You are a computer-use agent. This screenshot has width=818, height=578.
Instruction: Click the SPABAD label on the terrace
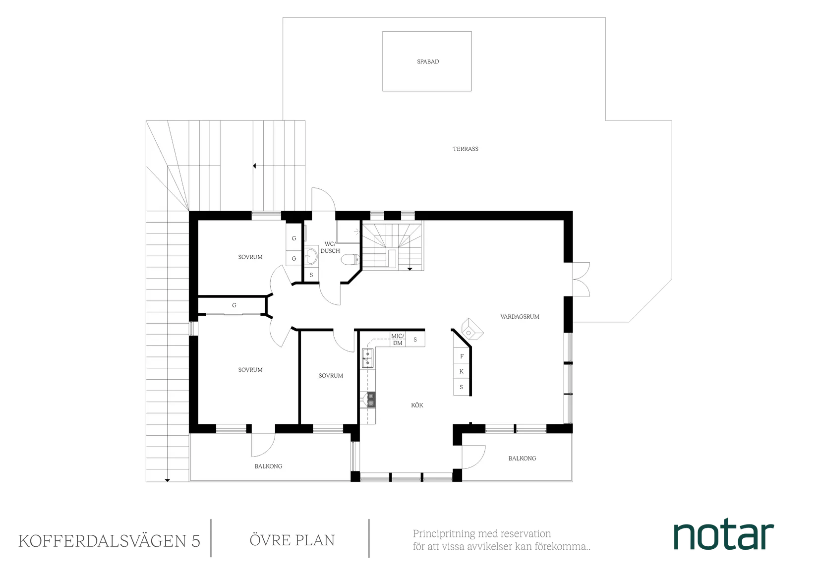pyautogui.click(x=428, y=62)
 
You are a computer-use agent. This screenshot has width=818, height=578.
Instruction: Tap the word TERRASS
pyautogui.click(x=466, y=149)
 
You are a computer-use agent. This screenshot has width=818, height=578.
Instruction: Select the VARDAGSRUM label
pyautogui.click(x=520, y=316)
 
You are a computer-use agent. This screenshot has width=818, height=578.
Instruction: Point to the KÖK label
pyautogui.click(x=417, y=405)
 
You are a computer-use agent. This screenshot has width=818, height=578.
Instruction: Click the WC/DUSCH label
pyautogui.click(x=330, y=247)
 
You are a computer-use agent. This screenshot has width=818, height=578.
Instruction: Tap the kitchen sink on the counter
pyautogui.click(x=367, y=357)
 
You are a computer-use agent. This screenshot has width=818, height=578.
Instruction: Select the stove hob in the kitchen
pyautogui.click(x=370, y=400)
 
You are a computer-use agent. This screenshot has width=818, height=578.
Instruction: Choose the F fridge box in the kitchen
pyautogui.click(x=462, y=356)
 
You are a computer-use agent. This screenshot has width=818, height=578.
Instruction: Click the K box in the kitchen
pyautogui.click(x=462, y=371)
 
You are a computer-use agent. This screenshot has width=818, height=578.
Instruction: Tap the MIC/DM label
pyautogui.click(x=398, y=340)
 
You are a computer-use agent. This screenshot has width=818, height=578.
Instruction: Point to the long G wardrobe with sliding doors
pyautogui.click(x=234, y=306)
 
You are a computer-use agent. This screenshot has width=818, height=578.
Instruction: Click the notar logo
pyautogui.click(x=724, y=536)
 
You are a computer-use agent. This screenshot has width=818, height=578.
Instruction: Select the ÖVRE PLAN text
pyautogui.click(x=292, y=540)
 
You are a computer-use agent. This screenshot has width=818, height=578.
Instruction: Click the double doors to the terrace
pyautogui.click(x=581, y=280)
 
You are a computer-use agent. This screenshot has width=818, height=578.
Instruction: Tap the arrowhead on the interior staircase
pyautogui.click(x=410, y=269)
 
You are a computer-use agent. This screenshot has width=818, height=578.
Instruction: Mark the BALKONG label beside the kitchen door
pyautogui.click(x=522, y=459)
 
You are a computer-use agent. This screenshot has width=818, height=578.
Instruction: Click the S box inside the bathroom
pyautogui.click(x=311, y=275)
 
